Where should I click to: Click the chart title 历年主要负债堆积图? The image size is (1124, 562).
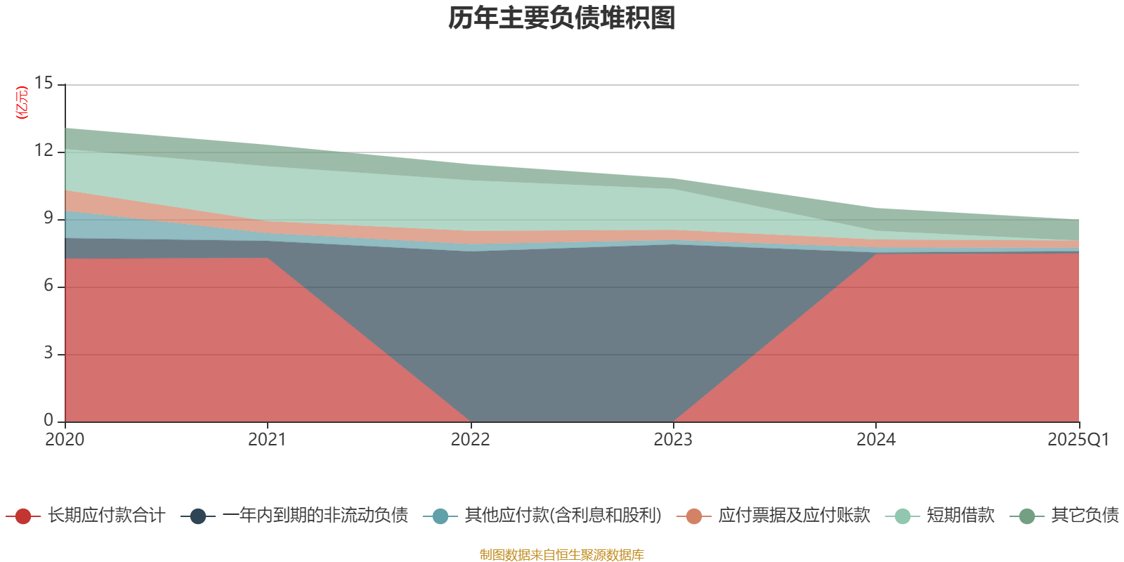coord(562,18)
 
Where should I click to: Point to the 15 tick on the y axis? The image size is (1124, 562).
coord(44,84)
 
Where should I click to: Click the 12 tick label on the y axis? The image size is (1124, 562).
coord(44,151)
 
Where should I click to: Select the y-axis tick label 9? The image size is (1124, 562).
coord(48,218)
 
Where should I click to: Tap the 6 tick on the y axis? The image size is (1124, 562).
coord(48,286)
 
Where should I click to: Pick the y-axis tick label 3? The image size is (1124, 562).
coord(48,353)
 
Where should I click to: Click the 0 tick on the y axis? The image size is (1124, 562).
coord(48,421)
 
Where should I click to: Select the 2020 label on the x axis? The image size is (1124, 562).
coord(65,440)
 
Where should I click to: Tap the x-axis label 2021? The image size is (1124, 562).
coord(267,440)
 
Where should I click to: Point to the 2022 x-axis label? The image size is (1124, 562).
coord(470,440)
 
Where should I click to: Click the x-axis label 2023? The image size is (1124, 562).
coord(673,440)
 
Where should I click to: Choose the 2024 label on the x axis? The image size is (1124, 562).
coord(876,440)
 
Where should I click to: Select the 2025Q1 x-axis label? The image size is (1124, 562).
coord(1078,440)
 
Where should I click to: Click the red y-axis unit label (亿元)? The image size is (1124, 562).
coord(22,103)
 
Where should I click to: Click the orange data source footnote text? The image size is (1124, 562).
coord(562,555)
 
